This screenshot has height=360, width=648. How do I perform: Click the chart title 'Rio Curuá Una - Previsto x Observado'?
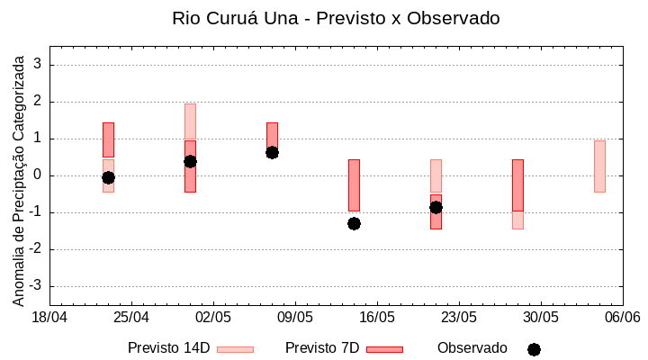click(x=336, y=18)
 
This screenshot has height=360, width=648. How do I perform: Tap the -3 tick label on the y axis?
click(x=37, y=286)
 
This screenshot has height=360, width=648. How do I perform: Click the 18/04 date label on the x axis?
click(x=49, y=318)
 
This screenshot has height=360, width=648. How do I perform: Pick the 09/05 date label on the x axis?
click(x=295, y=318)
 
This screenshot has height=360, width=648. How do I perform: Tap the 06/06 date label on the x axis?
click(x=622, y=318)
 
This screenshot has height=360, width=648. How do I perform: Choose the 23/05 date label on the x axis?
click(x=459, y=318)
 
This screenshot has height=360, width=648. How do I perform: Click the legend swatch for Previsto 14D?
click(x=235, y=349)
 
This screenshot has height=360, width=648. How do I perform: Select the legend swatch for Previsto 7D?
click(x=384, y=349)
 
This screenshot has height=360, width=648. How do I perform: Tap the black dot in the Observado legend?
click(x=534, y=349)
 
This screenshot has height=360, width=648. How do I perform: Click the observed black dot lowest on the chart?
click(x=354, y=223)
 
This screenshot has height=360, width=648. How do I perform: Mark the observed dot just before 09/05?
click(x=272, y=152)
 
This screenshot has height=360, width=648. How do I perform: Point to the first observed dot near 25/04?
click(x=108, y=177)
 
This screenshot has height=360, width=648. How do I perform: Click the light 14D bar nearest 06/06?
click(x=599, y=166)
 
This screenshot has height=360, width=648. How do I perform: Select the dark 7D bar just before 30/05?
click(x=517, y=184)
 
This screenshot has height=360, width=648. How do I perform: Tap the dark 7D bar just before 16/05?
click(x=354, y=184)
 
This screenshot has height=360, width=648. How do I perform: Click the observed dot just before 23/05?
click(x=436, y=207)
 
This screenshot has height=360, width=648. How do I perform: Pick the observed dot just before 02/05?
click(x=190, y=161)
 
